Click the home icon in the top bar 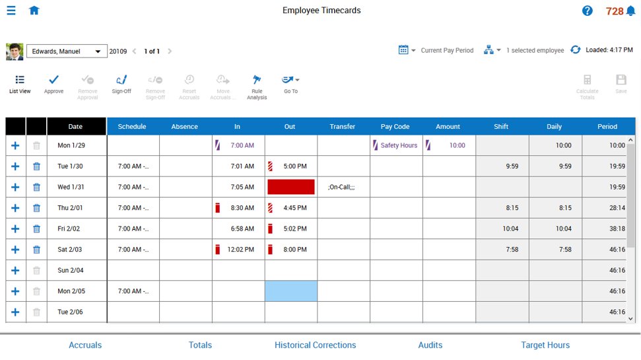(34, 10)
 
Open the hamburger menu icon (11, 10)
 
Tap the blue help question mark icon (587, 11)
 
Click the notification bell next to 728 (631, 11)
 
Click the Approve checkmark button (53, 85)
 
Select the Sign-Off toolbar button (121, 85)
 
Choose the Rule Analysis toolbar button (257, 87)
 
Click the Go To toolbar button (290, 85)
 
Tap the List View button (20, 85)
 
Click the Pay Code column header (395, 126)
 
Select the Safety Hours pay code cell (396, 145)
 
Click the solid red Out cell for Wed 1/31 (291, 187)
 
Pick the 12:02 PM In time (240, 250)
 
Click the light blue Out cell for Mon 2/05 (291, 291)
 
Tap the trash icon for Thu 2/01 (36, 208)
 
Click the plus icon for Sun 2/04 (15, 270)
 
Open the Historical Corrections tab (315, 345)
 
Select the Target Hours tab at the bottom (545, 345)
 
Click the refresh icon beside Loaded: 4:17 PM (575, 50)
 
